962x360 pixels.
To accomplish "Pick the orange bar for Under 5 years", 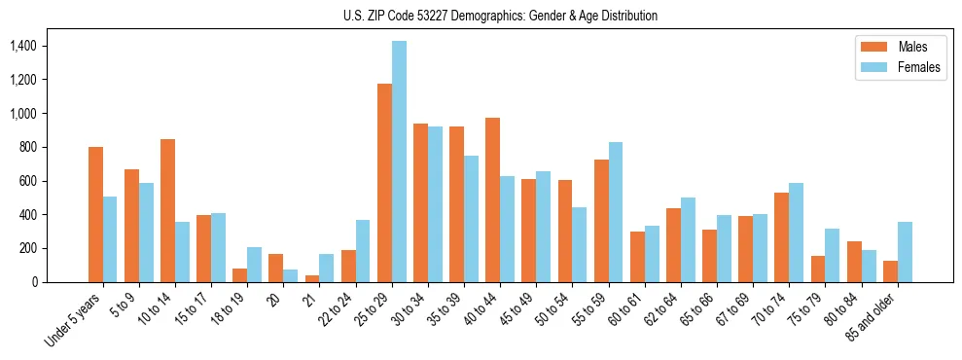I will tap(95, 214).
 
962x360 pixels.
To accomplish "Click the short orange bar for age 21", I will tap(312, 278).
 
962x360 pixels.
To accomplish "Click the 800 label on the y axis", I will tap(26, 147).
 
